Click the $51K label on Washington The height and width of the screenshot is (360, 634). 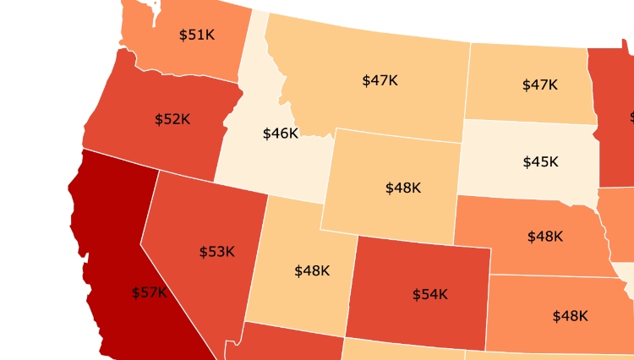point(196,35)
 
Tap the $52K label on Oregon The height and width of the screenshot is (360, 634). point(172,119)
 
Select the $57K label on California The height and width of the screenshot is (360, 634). point(150,292)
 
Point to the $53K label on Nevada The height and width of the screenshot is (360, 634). point(216,252)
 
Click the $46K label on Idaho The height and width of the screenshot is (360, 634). point(280,134)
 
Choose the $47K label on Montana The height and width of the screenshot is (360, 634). point(380,80)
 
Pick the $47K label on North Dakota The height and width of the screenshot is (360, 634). point(539,85)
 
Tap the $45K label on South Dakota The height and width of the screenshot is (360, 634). point(540,161)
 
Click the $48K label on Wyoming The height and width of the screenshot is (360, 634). point(402,188)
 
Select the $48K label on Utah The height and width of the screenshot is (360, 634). point(312,270)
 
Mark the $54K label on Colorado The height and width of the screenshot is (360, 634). point(429,294)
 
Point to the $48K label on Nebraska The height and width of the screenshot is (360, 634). point(544,237)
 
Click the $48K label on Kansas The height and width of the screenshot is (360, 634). point(570,316)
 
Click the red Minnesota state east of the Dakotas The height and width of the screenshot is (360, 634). point(613,118)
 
